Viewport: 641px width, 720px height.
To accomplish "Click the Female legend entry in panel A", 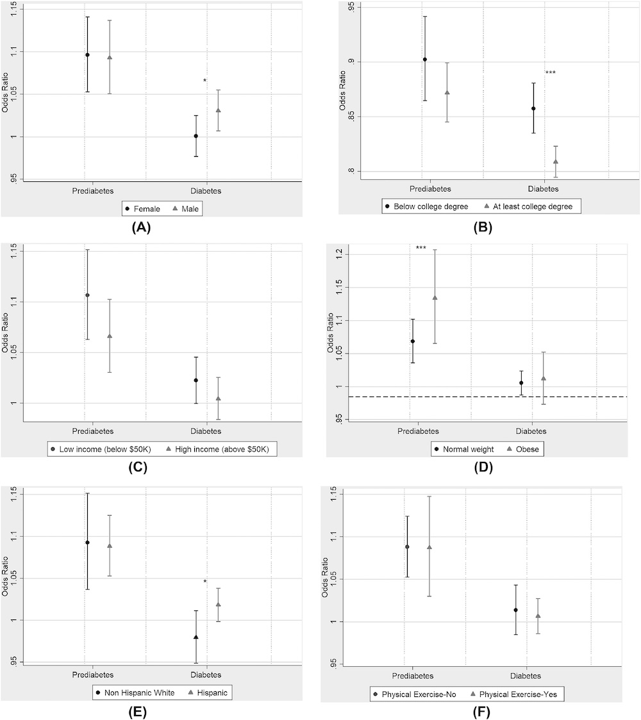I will [144, 208].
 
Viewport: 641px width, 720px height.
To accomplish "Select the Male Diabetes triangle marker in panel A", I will [218, 110].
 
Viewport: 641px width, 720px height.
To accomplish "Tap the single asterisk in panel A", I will [205, 81].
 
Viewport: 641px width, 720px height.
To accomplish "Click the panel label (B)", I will [482, 227].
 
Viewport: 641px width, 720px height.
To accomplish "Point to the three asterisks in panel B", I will [550, 73].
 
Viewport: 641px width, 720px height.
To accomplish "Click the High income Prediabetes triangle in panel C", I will [110, 336].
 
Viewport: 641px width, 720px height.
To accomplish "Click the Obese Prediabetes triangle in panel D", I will [435, 297].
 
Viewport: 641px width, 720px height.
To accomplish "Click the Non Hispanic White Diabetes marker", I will [196, 637].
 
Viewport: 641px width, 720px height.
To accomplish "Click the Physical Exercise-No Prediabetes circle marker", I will [407, 547].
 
